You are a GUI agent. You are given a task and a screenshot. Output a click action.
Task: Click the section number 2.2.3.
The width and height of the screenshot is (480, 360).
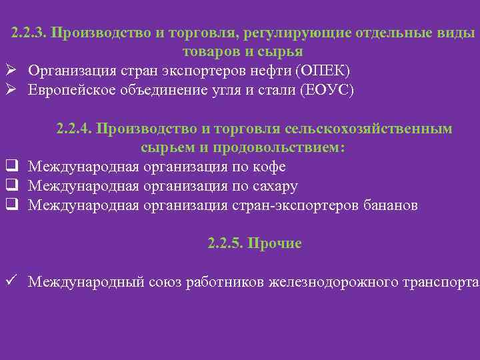tap(28, 33)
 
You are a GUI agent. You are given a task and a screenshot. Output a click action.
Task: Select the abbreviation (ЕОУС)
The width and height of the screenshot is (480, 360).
tap(328, 90)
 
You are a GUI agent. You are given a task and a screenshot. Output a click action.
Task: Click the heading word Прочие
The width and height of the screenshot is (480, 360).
tap(275, 243)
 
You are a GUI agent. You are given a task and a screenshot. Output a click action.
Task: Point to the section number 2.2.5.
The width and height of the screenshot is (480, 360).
tap(225, 243)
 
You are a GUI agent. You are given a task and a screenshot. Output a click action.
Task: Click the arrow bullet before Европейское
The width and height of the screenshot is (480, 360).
tap(11, 90)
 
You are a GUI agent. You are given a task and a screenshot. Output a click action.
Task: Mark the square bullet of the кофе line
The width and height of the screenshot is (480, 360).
tap(11, 167)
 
